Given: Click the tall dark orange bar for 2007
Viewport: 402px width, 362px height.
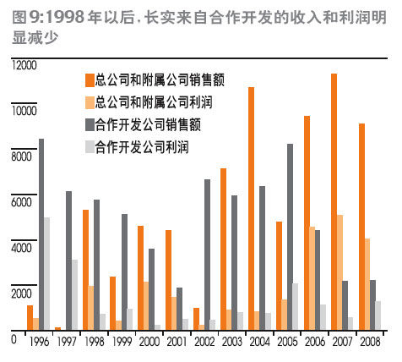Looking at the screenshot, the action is pos(334,202).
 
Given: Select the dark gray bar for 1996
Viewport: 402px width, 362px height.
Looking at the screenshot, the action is pos(41,234).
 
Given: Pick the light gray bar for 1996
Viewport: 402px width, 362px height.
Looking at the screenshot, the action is pos(47,274).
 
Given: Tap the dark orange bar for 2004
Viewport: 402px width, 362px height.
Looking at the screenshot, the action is pos(251,209).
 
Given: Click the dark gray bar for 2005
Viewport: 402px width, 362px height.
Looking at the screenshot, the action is pos(290,237).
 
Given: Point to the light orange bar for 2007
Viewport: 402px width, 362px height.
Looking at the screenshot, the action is pos(340,272).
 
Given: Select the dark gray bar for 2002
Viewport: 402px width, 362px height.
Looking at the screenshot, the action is pos(207,255).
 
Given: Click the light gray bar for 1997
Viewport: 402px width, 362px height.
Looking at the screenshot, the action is pos(74,295).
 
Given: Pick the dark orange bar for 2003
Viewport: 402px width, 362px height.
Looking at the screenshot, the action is pos(223,250).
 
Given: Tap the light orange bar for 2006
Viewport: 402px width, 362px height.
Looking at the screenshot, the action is pos(312,278).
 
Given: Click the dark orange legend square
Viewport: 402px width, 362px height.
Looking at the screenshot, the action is pos(90,80).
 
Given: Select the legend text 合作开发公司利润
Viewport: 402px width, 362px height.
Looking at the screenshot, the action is pos(142,147).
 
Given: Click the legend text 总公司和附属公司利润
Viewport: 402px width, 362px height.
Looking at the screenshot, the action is pos(154,102).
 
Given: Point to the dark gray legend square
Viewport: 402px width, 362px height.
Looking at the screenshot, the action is pos(90,125).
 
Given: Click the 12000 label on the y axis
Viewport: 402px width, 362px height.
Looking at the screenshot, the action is pos(24,65).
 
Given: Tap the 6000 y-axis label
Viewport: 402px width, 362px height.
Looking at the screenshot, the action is pos(22,202).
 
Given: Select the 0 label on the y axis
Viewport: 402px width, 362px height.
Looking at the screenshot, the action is pos(14,340).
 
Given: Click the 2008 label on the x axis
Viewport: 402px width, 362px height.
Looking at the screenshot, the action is pos(370,342).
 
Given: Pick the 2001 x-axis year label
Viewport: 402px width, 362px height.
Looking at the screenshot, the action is pos(177,342).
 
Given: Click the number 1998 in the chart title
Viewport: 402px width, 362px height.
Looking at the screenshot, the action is pos(65,18).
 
